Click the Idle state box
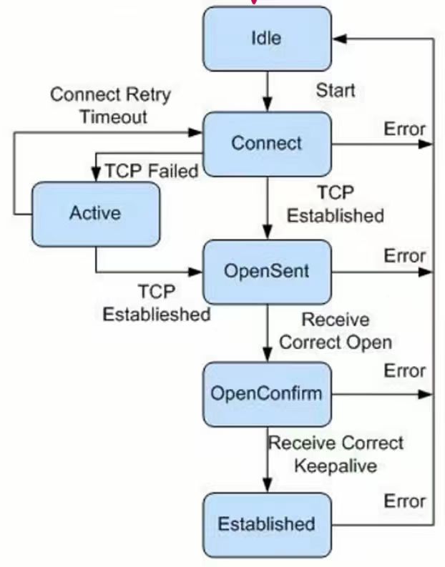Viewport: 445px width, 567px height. click(267, 39)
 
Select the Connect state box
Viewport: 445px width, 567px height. click(267, 144)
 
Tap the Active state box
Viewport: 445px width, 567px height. click(96, 214)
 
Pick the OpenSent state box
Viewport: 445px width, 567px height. click(267, 272)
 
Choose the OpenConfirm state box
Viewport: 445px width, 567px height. click(267, 394)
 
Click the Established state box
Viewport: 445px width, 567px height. click(267, 525)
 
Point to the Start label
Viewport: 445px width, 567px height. click(336, 90)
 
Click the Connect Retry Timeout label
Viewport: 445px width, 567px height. click(111, 105)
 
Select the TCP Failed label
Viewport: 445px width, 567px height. click(152, 171)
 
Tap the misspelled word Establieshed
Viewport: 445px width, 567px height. click(157, 314)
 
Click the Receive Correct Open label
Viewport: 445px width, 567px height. click(336, 331)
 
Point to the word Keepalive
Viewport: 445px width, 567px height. click(336, 465)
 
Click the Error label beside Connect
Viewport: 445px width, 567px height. click(404, 129)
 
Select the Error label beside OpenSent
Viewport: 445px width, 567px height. click(404, 256)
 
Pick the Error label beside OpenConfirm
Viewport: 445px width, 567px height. click(404, 371)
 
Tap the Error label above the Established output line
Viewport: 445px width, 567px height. click(404, 501)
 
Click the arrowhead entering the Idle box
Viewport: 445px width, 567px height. click(339, 39)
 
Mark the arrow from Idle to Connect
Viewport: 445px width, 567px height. click(268, 92)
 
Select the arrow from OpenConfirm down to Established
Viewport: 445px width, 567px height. click(268, 460)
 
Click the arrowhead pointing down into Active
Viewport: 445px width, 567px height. click(96, 174)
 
